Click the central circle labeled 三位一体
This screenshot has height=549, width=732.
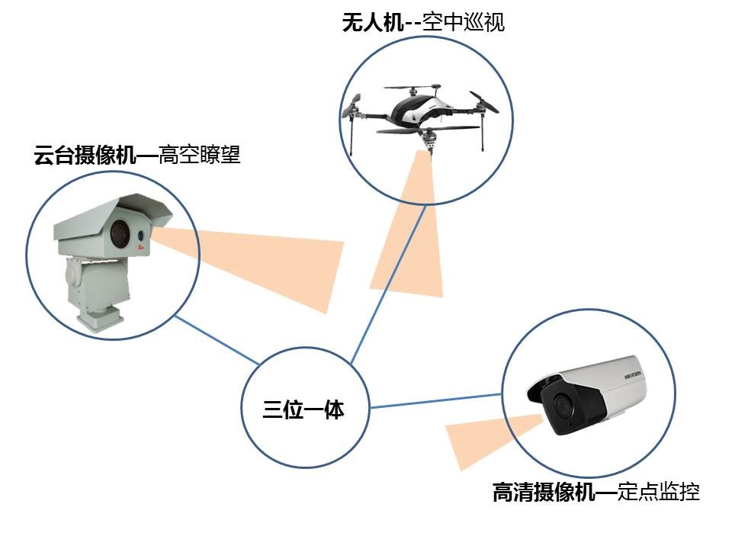pos(303,410)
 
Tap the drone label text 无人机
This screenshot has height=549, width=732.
pos(373,22)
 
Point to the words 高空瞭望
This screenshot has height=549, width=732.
pos(198,156)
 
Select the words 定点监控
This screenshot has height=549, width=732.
pos(658,493)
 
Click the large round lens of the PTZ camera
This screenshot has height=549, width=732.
pos(121,233)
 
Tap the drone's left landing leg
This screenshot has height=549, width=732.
pos(353,133)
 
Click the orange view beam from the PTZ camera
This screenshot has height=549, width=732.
pos(267,259)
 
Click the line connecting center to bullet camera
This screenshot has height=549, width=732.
pos(435,401)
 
